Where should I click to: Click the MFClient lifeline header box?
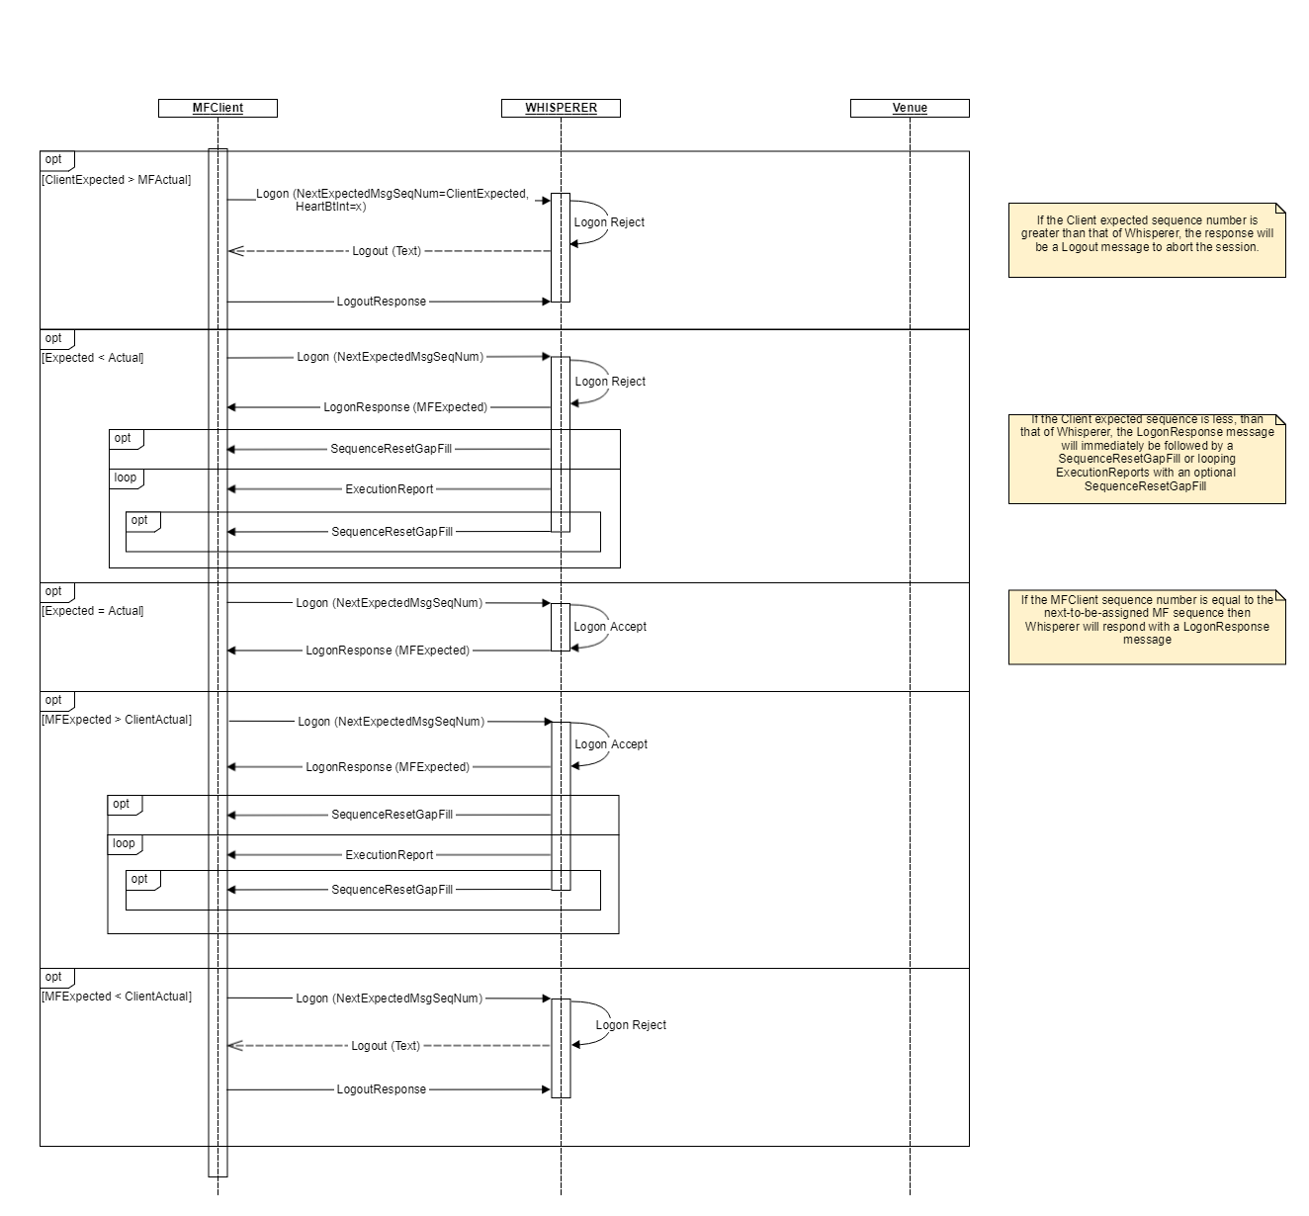point(218,108)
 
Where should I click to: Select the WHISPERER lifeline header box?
point(561,108)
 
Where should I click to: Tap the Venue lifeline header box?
point(910,108)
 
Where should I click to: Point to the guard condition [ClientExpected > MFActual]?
point(117,180)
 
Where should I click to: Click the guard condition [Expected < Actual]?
point(93,358)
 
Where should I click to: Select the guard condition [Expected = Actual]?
point(93,611)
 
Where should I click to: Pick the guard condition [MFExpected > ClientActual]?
point(117,720)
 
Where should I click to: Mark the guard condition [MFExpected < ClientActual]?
point(117,997)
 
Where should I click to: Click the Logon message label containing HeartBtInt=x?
point(393,200)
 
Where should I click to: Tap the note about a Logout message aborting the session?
point(1147,239)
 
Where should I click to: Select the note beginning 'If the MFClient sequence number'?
point(1147,627)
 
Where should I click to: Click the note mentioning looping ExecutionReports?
point(1147,459)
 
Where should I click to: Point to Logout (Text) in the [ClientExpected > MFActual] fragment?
point(387,251)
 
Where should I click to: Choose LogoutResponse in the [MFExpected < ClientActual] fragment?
point(382,1089)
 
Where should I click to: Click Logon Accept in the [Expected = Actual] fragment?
point(610,627)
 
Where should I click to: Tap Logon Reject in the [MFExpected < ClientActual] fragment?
point(631,1025)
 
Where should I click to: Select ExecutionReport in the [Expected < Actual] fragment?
point(390,489)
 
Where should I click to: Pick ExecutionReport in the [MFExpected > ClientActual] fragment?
point(390,855)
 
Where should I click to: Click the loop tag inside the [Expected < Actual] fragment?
point(126,478)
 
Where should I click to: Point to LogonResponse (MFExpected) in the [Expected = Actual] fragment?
point(388,651)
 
